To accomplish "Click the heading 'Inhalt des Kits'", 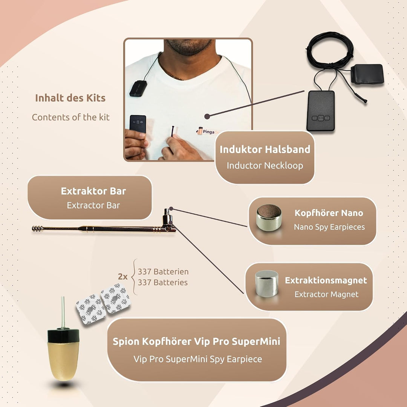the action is (70, 98).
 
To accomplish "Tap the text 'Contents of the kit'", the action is (70, 117).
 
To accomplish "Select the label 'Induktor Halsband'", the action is (265, 150).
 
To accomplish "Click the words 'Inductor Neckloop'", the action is (265, 165).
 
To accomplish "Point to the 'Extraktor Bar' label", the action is (93, 191).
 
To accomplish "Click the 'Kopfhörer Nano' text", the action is (329, 213).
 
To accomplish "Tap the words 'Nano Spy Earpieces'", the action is (329, 227).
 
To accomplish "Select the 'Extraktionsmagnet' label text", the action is (326, 280).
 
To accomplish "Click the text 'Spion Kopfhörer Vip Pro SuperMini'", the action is (196, 341).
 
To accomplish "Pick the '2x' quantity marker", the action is (122, 277).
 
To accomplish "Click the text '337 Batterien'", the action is (163, 272).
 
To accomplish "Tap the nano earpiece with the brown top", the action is (269, 217).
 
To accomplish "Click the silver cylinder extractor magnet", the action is (266, 283).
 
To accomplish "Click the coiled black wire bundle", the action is (330, 50).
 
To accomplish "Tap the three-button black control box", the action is (321, 111).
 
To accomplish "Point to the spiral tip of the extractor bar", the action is (37, 229).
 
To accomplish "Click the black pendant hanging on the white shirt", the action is (138, 88).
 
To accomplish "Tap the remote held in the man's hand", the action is (138, 124).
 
